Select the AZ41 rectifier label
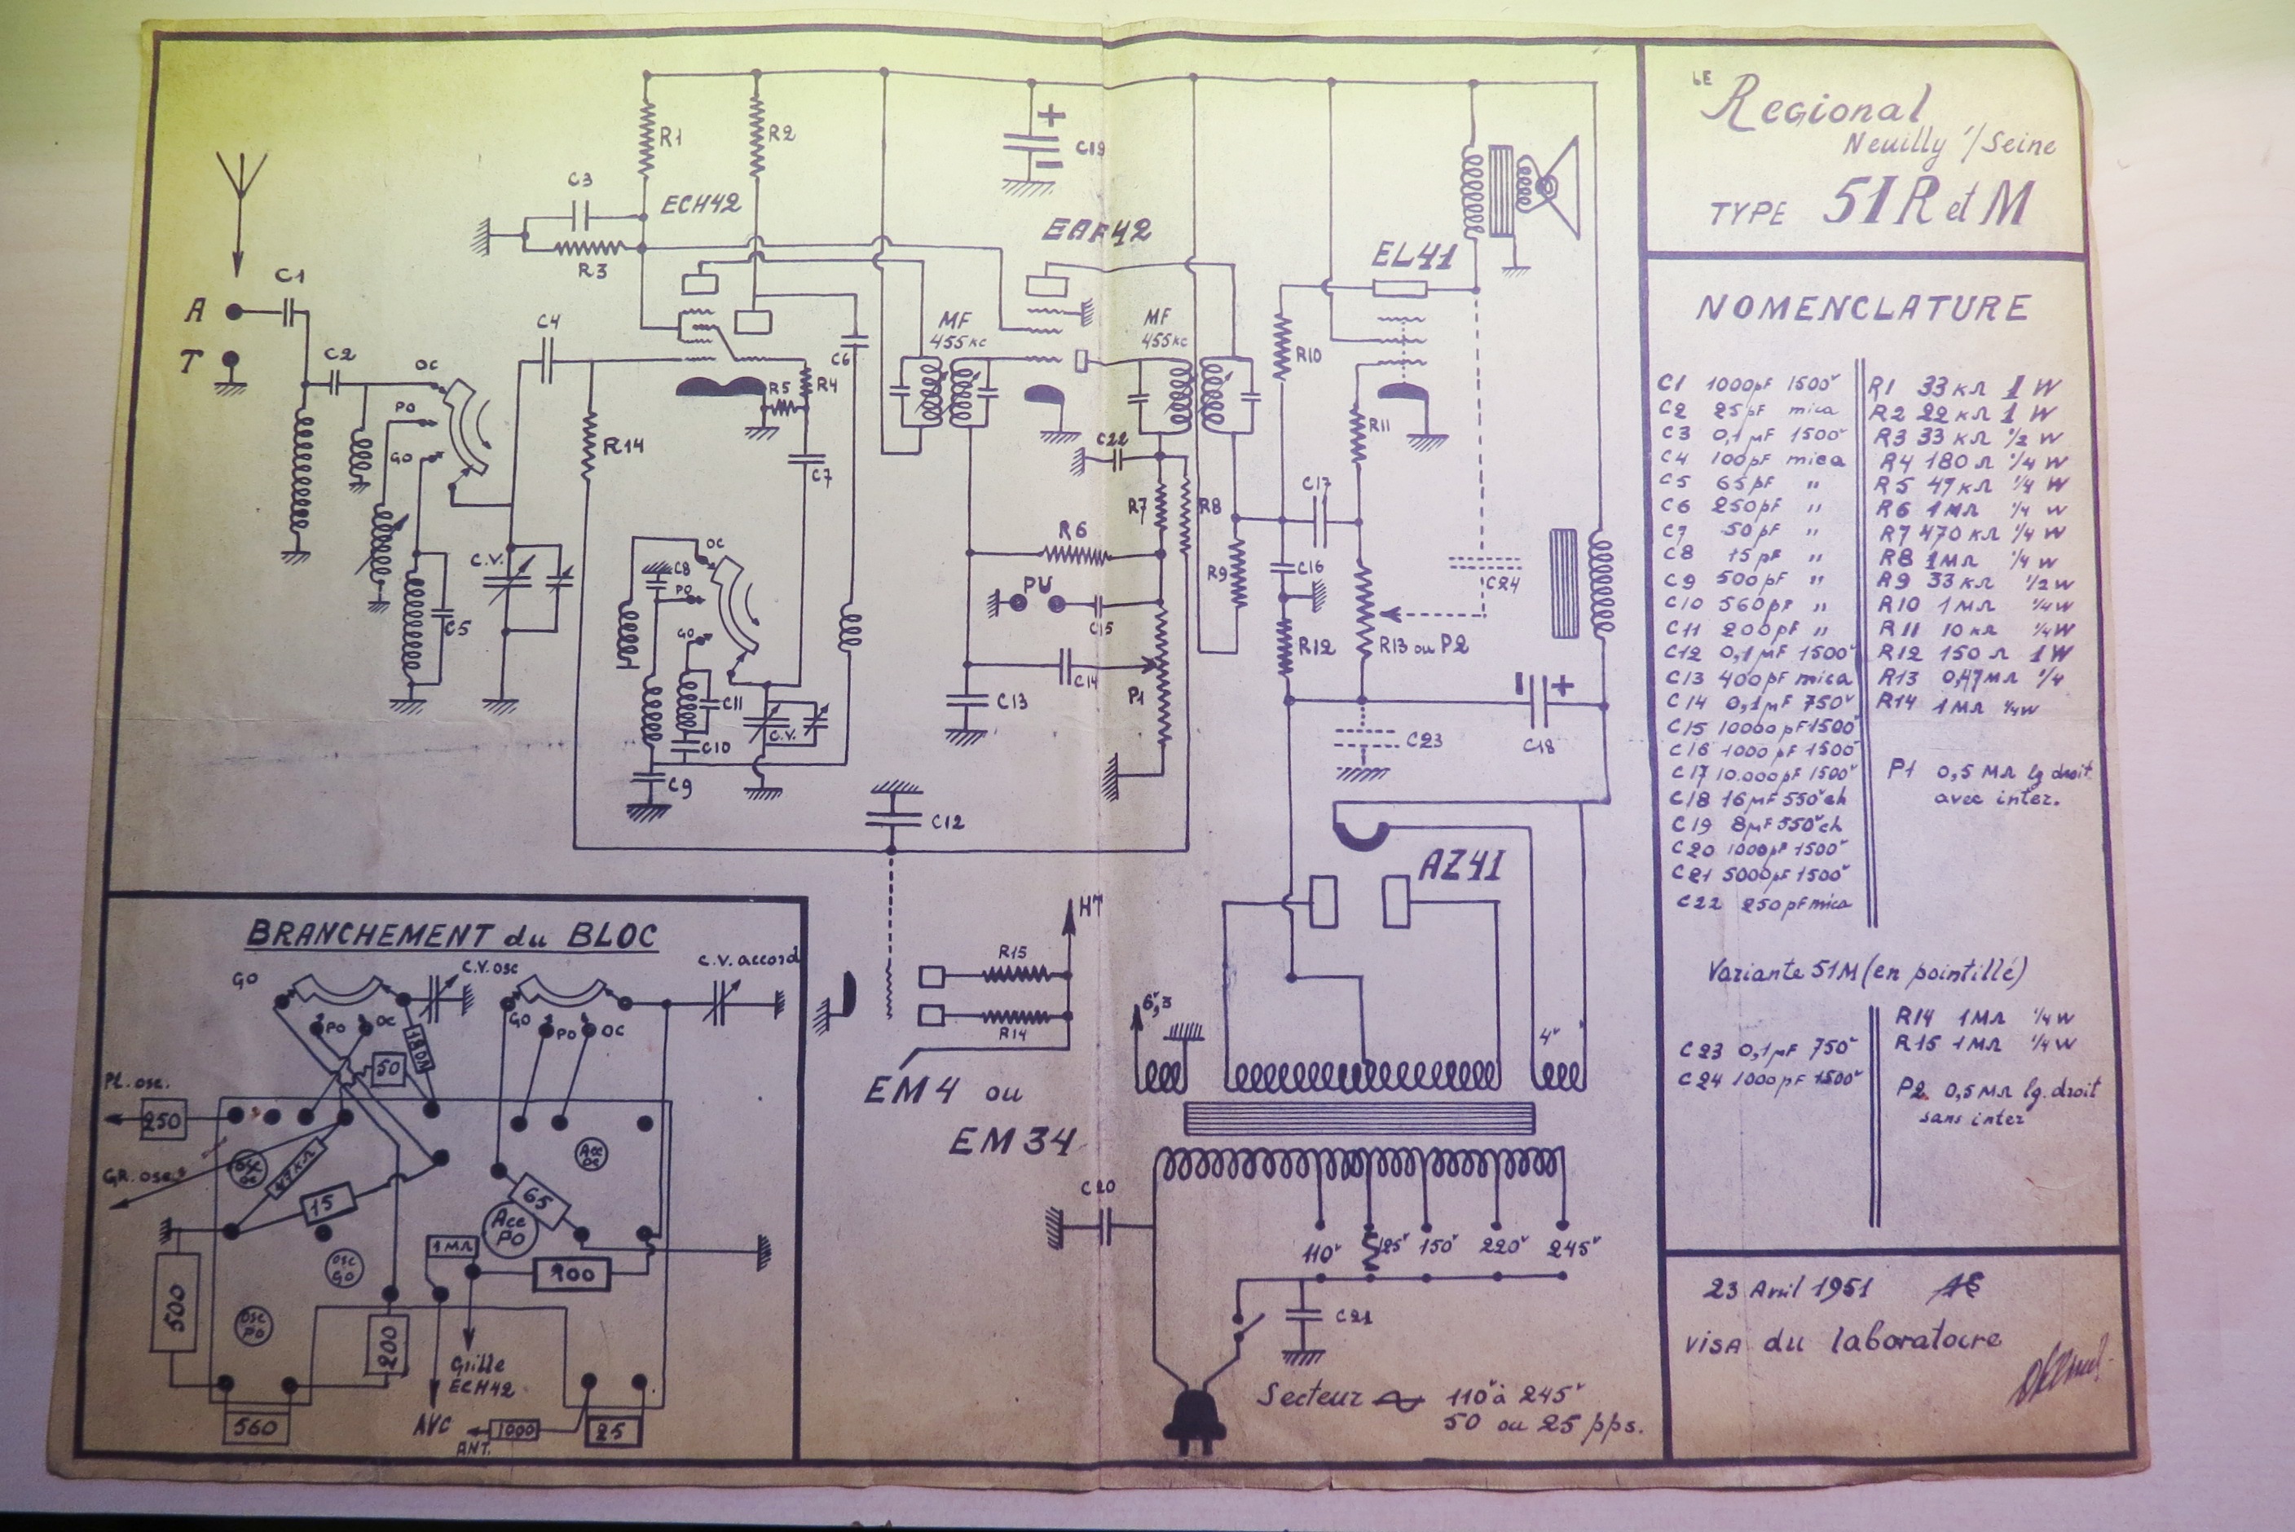[x=1460, y=866]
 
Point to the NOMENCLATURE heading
[x=1862, y=309]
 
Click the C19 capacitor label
[x=1090, y=148]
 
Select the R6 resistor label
[x=1072, y=530]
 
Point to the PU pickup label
[x=1036, y=584]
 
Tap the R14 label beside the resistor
[x=624, y=447]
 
